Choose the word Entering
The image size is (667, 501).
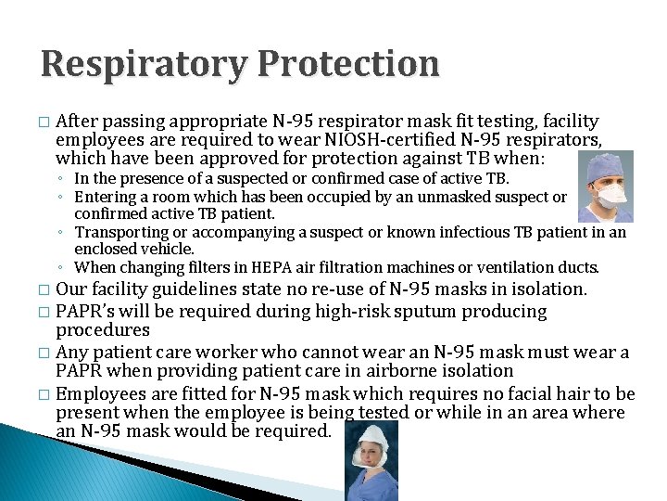(103, 197)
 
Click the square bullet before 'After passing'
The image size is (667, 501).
(44, 122)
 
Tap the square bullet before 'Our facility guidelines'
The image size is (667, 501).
(44, 290)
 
